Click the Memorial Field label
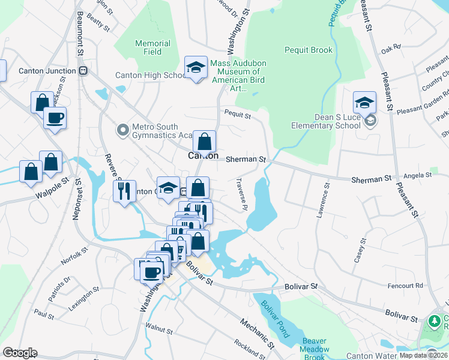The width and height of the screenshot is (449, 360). pyautogui.click(x=152, y=47)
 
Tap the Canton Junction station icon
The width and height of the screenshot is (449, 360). pyautogui.click(x=84, y=71)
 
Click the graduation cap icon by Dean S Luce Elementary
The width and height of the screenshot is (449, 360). pyautogui.click(x=364, y=103)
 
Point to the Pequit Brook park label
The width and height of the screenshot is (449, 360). pyautogui.click(x=308, y=50)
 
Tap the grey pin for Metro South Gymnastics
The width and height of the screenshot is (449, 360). pyautogui.click(x=123, y=129)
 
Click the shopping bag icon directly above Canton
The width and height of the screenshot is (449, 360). pyautogui.click(x=204, y=142)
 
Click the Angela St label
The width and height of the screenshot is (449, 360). pyautogui.click(x=418, y=176)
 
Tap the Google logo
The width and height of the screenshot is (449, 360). pyautogui.click(x=20, y=353)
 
